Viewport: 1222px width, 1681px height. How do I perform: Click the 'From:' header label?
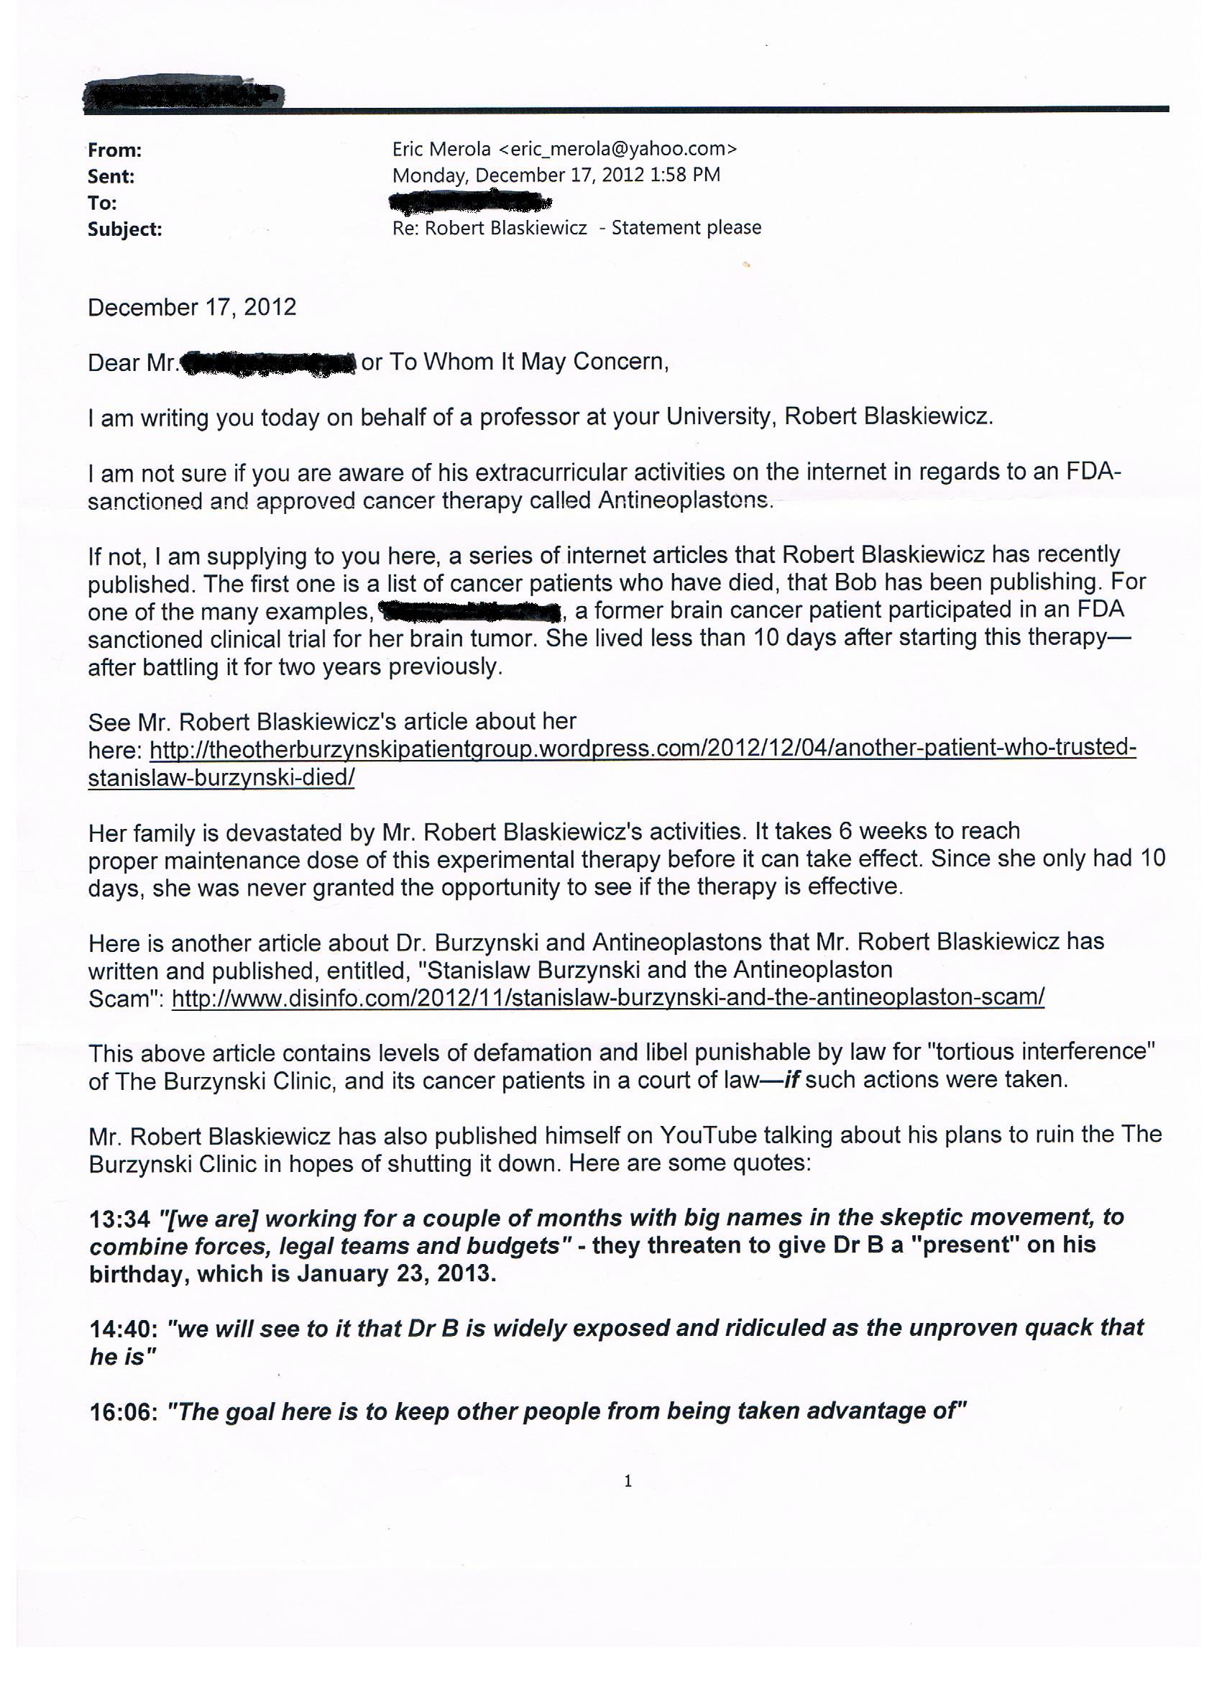115,150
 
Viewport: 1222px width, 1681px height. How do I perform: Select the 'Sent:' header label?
111,177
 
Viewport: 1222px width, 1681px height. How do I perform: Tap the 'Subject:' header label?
124,230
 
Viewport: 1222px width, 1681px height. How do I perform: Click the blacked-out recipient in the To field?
471,201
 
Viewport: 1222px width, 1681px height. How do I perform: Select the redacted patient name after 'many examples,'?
470,611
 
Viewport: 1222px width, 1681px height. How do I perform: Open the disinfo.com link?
607,998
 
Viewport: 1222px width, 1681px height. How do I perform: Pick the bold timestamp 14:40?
123,1328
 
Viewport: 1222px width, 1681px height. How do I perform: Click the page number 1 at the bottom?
628,1482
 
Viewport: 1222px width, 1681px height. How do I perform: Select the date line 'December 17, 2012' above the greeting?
192,308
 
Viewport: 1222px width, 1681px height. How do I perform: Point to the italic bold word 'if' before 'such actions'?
791,1080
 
